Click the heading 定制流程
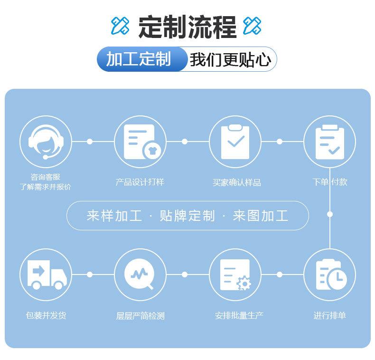pyautogui.click(x=187, y=27)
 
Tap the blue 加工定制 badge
pyautogui.click(x=141, y=59)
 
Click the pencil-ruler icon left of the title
pyautogui.click(x=120, y=25)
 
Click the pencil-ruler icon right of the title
pyautogui.click(x=252, y=25)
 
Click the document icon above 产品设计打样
pyautogui.click(x=142, y=142)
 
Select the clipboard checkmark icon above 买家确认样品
pyautogui.click(x=235, y=142)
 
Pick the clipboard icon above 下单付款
pyautogui.click(x=330, y=142)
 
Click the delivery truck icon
pyautogui.click(x=47, y=275)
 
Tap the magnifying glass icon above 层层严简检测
pyautogui.click(x=139, y=274)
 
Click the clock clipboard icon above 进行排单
pyautogui.click(x=331, y=275)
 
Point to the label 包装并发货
pyautogui.click(x=46, y=315)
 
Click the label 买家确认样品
pyautogui.click(x=236, y=183)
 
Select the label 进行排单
pyautogui.click(x=329, y=315)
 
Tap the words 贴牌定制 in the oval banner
pyautogui.click(x=187, y=216)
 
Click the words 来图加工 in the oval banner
pyautogui.click(x=261, y=216)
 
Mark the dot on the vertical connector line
pyautogui.click(x=330, y=214)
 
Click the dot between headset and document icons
pyautogui.click(x=90, y=142)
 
